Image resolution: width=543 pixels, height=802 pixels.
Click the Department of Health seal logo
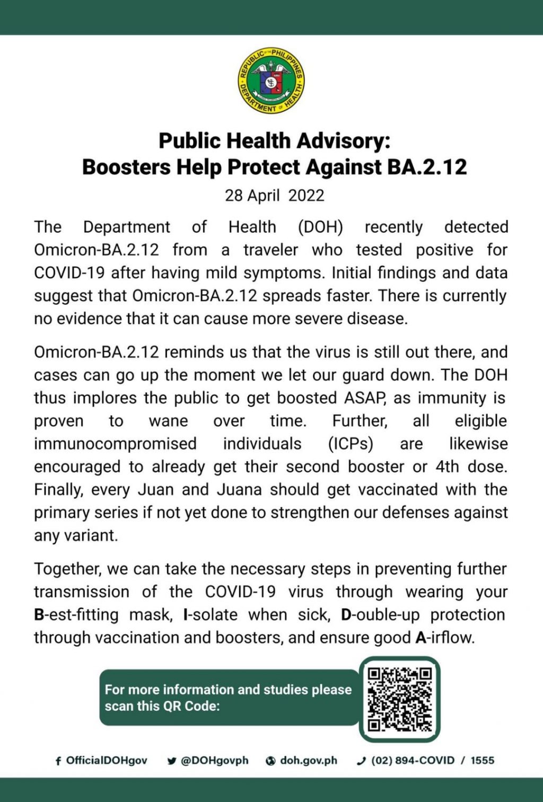coord(271,80)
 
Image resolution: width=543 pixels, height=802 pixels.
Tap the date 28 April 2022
coord(274,196)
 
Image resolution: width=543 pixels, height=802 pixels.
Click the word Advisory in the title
coord(343,141)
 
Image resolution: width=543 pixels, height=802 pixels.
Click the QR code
coord(400,699)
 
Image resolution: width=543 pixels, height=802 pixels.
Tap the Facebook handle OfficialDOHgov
coord(106,761)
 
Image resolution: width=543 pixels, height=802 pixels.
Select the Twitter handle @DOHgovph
coord(214,761)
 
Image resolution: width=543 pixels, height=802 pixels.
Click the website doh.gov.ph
coord(308,761)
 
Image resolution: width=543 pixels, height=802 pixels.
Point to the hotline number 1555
coord(482,761)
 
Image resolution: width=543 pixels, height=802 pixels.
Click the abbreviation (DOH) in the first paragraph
coord(320,227)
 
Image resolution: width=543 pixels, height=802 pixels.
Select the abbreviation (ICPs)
coord(351,444)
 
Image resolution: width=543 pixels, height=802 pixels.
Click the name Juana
coord(239,489)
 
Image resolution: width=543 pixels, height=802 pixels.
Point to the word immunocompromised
coord(115,444)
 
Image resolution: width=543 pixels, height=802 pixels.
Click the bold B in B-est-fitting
coord(39,615)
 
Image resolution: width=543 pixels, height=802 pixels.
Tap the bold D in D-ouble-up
coord(346,615)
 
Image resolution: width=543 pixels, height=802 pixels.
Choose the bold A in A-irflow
coord(421,638)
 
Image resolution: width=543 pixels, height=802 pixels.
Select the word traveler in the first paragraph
coord(270,250)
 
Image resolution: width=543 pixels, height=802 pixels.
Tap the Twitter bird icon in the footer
coord(172,761)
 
